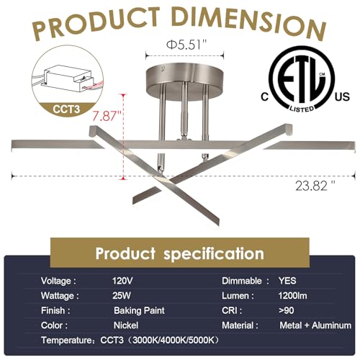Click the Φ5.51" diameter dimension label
pos(186,45)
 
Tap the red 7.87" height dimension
pos(107,116)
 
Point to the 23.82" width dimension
pos(315,186)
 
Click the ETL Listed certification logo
pos(302,80)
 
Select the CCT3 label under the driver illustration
pos(66,109)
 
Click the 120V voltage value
pos(122,281)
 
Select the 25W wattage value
pos(122,296)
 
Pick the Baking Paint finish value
pos(139,310)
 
